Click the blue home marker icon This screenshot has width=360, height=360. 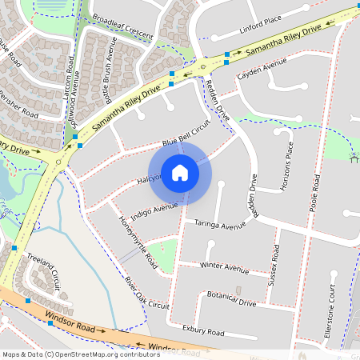point(180,173)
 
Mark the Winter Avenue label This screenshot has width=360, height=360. point(225,266)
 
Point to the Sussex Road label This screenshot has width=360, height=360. point(276,265)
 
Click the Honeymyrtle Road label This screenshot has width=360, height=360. point(138,240)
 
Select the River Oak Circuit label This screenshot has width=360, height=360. point(147,293)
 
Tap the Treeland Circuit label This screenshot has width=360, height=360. point(45,270)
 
